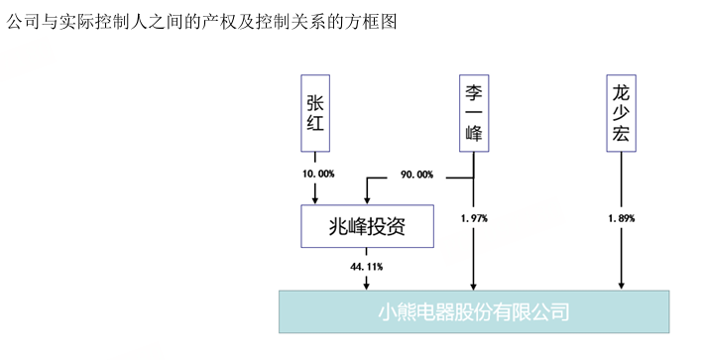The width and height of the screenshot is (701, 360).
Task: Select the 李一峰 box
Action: (x=474, y=111)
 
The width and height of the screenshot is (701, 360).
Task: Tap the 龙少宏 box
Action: (x=621, y=111)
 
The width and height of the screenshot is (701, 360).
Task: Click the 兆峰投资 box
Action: (x=367, y=227)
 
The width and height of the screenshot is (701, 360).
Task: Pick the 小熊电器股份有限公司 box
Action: (x=474, y=311)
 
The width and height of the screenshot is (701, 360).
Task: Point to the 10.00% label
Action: (x=318, y=174)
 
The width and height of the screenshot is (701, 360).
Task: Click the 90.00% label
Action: (x=416, y=175)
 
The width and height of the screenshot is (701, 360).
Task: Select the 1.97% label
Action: (x=474, y=217)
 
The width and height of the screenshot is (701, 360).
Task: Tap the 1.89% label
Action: (x=620, y=217)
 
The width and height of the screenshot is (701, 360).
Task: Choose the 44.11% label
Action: (x=367, y=267)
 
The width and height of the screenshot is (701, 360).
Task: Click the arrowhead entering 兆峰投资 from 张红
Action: (x=314, y=198)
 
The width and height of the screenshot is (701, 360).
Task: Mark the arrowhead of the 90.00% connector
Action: (x=367, y=198)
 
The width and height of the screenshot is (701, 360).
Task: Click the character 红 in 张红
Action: (x=314, y=127)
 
